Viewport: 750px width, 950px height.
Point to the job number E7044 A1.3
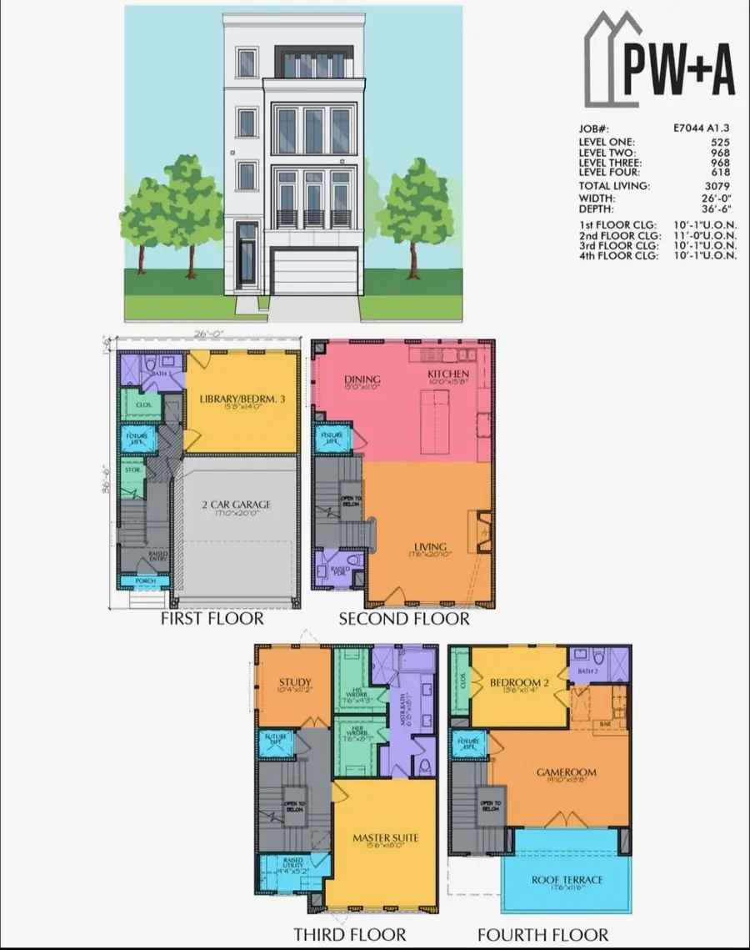(702, 129)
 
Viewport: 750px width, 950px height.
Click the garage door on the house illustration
(315, 271)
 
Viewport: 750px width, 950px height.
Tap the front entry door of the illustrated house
(247, 254)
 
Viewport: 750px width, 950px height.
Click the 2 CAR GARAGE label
(235, 505)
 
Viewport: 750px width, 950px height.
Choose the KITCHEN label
(448, 374)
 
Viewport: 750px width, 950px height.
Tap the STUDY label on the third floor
(295, 684)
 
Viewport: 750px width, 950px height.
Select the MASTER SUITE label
(385, 837)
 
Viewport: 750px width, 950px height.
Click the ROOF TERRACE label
(567, 880)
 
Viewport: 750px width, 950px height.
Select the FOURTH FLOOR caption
(542, 935)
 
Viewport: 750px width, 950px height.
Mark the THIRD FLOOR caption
(350, 935)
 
